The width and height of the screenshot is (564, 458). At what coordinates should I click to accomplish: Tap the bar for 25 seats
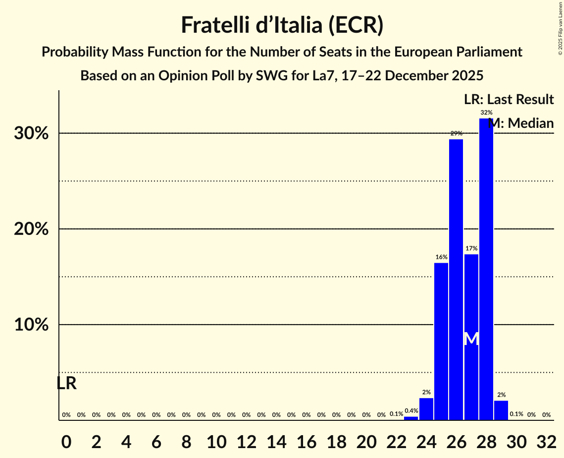[441, 342]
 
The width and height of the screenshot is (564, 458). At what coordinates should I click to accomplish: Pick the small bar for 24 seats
[426, 409]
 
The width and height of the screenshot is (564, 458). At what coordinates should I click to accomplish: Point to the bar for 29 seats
[501, 410]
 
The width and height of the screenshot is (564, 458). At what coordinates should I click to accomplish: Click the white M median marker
[471, 339]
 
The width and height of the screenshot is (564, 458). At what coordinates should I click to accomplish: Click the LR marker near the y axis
[66, 383]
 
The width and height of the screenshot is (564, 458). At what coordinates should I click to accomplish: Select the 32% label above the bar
[486, 113]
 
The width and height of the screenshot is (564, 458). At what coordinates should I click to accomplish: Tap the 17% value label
[471, 248]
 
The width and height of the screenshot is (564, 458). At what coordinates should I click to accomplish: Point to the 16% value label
[441, 257]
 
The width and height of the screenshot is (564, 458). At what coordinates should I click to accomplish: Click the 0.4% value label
[411, 410]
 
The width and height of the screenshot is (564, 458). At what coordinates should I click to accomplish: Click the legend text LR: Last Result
[509, 99]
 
